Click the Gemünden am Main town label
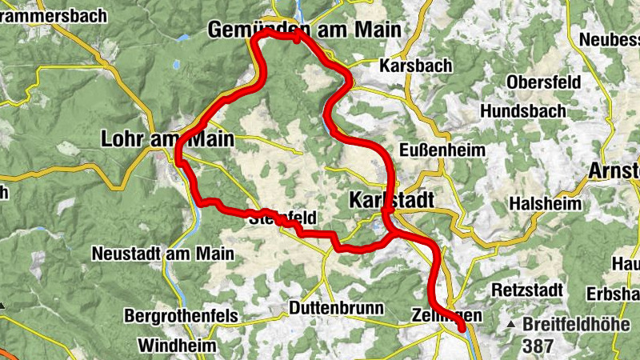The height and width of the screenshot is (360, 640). tap(304, 30)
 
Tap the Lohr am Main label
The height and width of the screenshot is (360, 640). tap(168, 139)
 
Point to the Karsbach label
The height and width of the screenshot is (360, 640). tap(416, 66)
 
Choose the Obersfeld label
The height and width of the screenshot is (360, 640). tap(544, 82)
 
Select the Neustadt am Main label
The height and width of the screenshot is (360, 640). tap(162, 254)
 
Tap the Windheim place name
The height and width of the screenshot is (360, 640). tap(176, 346)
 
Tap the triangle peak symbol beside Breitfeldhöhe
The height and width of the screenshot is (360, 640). tap(512, 326)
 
